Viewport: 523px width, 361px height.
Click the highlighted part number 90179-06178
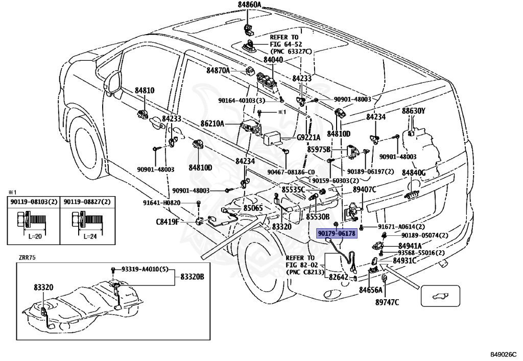pos(337,233)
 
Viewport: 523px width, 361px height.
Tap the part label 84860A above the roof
pos(249,4)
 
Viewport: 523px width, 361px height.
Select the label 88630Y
pos(414,111)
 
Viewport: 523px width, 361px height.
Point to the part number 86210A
pos(212,124)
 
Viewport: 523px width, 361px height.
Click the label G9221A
pos(308,137)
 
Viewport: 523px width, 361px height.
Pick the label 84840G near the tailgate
pos(414,173)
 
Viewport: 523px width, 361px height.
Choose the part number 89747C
pos(387,302)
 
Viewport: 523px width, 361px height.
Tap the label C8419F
pos(168,222)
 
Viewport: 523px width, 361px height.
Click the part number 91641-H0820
pos(162,203)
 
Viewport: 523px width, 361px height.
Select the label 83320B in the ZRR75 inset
pos(193,277)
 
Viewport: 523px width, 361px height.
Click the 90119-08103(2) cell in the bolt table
pos(34,202)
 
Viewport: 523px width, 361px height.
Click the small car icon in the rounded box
pos(440,296)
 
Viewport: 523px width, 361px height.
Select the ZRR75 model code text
pos(28,257)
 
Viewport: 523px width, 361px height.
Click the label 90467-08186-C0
pos(291,172)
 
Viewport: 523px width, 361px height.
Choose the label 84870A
pos(218,70)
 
